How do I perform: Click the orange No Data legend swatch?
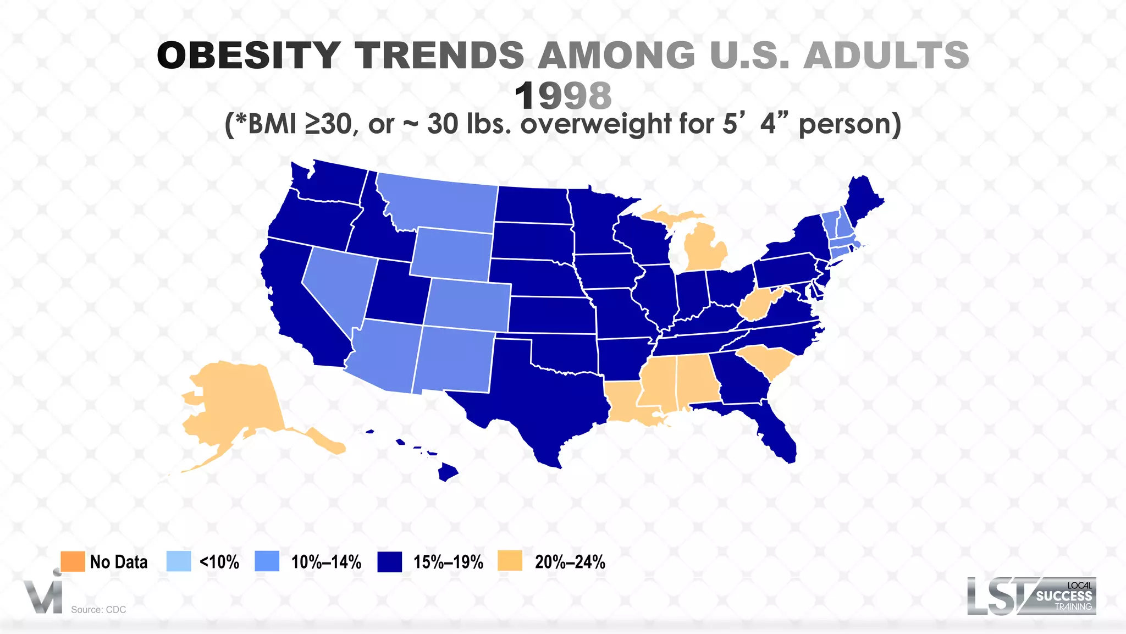point(73,561)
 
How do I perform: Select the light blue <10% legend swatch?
point(179,561)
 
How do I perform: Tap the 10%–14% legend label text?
point(326,562)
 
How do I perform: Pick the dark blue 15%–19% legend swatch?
point(390,562)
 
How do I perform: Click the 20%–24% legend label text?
point(570,562)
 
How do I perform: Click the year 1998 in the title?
point(563,96)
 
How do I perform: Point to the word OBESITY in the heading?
point(249,56)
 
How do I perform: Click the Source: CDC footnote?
point(98,609)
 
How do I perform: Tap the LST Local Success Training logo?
point(1031,596)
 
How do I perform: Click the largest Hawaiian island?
point(448,472)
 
